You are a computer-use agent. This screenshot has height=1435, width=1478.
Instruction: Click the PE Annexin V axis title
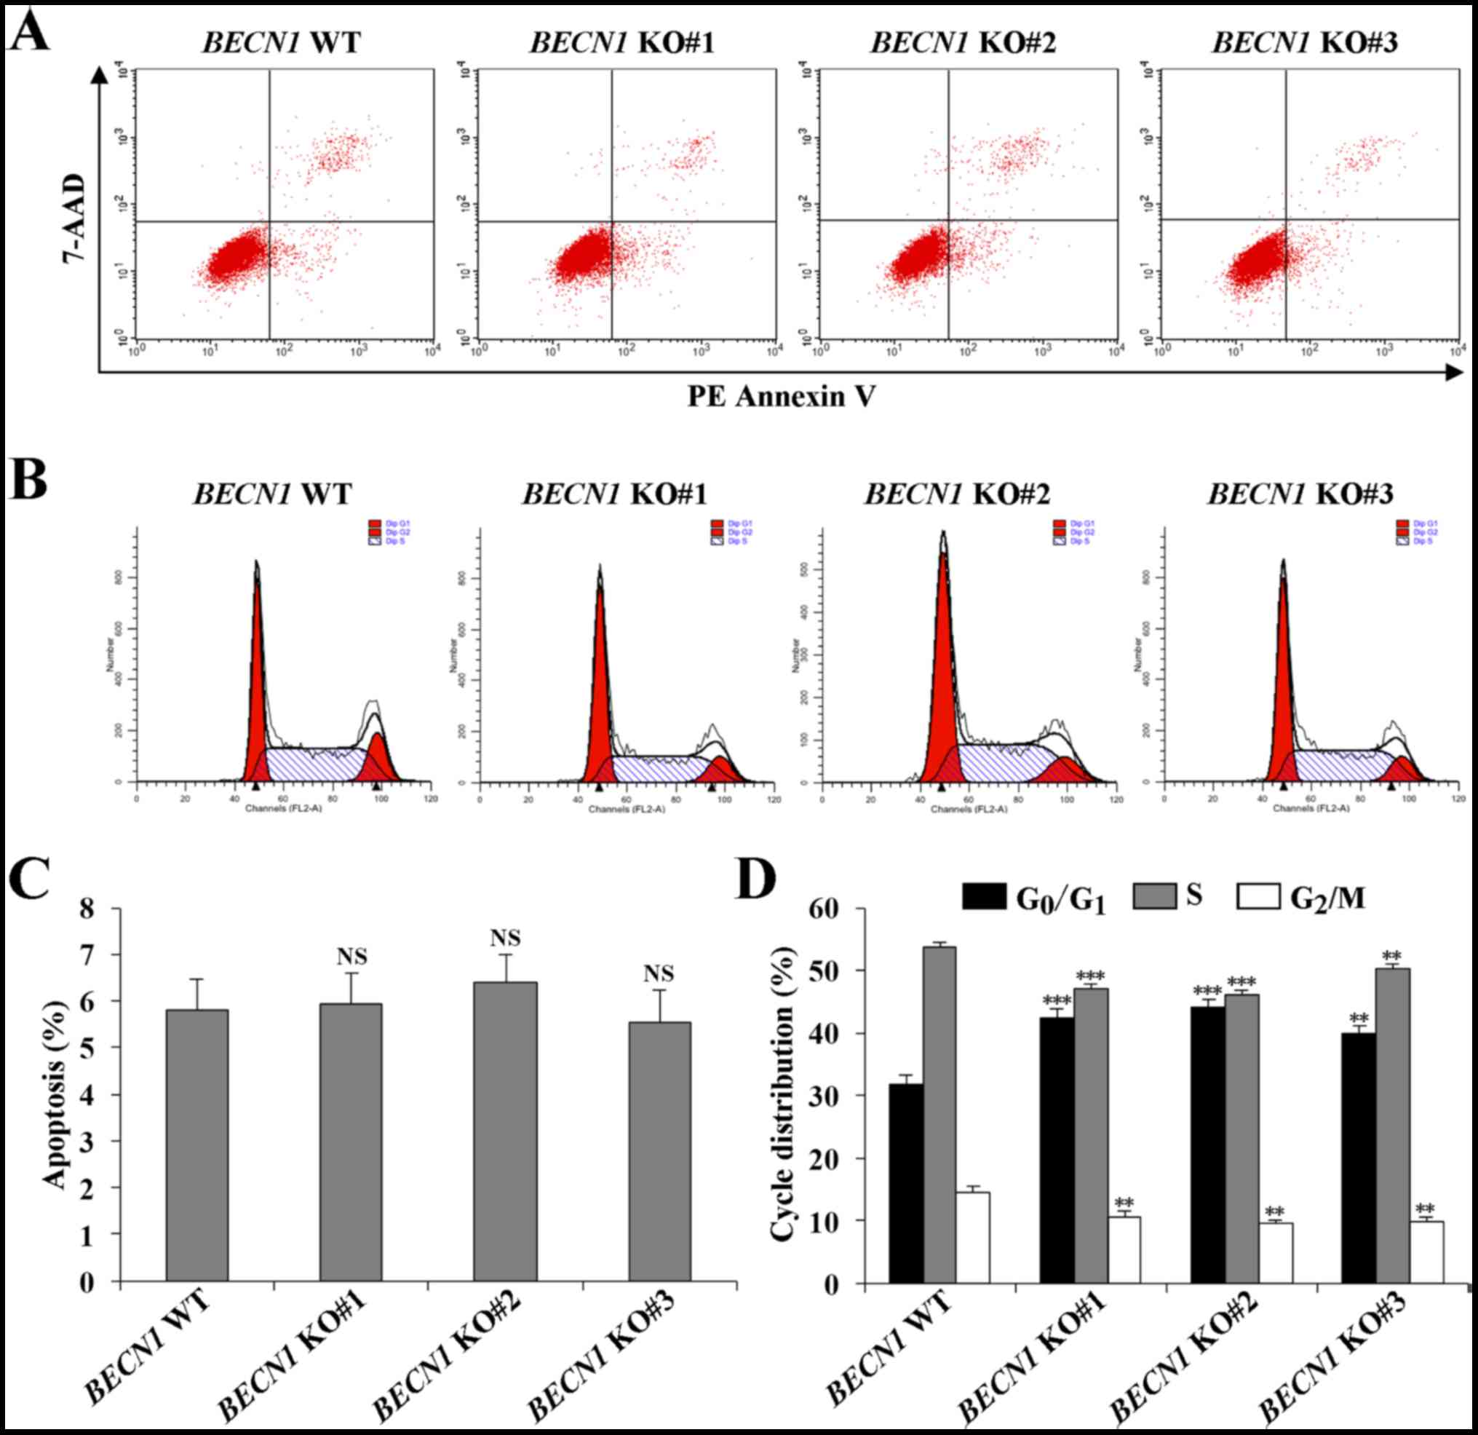[782, 396]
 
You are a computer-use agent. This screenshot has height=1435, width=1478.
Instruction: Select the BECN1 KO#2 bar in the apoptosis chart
[505, 1131]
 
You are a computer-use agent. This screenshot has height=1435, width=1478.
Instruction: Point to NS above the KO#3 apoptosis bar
[659, 973]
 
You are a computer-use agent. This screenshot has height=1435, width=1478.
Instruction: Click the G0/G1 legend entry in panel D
[1033, 898]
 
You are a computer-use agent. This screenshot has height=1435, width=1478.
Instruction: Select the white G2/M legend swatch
[1258, 897]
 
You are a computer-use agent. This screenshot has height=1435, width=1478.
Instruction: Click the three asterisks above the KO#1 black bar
[1057, 1002]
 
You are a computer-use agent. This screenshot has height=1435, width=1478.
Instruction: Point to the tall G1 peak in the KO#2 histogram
[942, 664]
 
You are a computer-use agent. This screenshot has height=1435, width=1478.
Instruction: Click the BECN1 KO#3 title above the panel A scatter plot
[1304, 43]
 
